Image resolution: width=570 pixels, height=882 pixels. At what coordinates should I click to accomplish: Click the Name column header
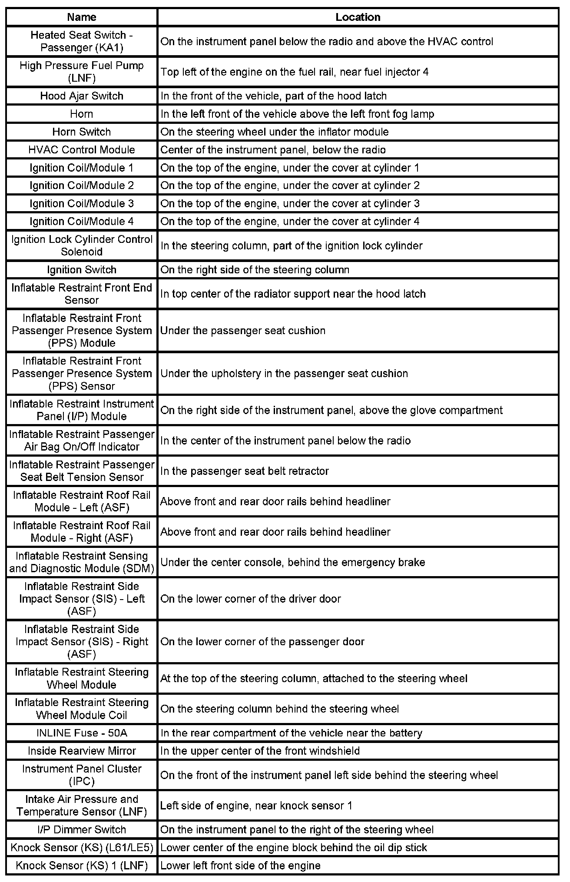coord(82,17)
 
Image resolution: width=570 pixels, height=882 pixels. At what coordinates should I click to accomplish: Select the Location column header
coord(358,17)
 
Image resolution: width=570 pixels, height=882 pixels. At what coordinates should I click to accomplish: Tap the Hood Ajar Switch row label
coord(82,96)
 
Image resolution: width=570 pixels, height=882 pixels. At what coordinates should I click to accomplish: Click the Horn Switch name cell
coord(82,132)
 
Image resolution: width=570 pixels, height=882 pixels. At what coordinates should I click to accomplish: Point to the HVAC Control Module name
coord(82,150)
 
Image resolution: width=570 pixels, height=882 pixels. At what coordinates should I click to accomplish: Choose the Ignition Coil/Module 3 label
coord(82,203)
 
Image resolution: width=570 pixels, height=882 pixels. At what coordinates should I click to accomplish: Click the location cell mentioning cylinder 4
coord(290,222)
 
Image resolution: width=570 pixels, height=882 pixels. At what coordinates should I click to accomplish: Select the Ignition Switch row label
coord(82,270)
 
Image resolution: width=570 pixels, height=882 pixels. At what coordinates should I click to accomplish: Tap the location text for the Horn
coord(297,114)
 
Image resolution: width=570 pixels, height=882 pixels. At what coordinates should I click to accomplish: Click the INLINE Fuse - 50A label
coord(82,733)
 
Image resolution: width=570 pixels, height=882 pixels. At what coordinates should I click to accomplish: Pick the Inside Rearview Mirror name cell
coord(82,751)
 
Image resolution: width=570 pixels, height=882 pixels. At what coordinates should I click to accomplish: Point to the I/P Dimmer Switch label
coord(82,829)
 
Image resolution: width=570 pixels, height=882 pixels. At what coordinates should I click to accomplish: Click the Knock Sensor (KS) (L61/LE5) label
coord(82,847)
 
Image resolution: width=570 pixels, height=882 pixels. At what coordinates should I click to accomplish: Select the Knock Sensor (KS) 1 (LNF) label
coord(82,865)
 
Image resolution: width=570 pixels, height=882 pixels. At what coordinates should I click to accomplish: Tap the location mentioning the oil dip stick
coord(293,847)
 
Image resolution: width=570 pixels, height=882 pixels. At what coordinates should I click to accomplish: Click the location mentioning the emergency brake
coord(292,562)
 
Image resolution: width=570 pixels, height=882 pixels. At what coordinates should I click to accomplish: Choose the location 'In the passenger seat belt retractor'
coord(245,471)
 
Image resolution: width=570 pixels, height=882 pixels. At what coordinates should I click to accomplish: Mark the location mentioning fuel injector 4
coord(294,72)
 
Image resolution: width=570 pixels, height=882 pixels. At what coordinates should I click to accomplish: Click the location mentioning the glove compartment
coord(331,410)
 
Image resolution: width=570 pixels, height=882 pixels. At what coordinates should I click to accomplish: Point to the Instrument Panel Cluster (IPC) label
coord(82,775)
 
